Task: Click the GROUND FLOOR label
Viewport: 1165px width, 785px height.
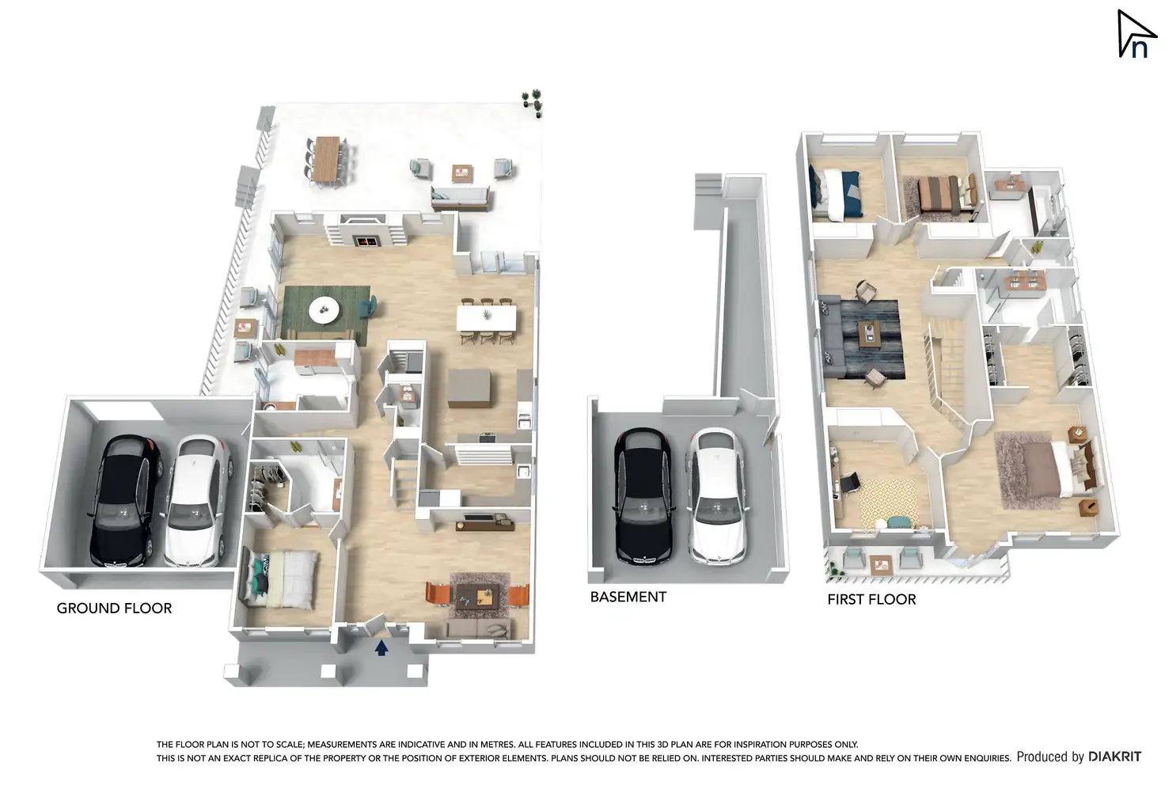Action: point(114,608)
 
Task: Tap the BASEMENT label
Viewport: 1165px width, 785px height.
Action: point(628,597)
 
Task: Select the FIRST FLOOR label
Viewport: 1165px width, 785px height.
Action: point(871,599)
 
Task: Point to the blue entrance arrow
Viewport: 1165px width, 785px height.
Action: point(381,648)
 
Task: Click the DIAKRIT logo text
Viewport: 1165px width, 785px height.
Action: point(1114,757)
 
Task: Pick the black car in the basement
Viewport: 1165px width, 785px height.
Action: point(643,496)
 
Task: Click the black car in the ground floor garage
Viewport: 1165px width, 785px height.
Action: point(125,500)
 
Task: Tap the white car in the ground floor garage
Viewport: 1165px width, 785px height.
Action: point(195,500)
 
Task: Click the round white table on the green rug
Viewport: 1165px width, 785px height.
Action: point(323,309)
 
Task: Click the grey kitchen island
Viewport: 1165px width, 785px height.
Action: point(469,388)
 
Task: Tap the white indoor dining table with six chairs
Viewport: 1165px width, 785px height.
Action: point(486,318)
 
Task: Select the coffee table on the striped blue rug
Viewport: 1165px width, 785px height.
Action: point(869,333)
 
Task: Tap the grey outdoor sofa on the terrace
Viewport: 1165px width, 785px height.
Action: point(459,198)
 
